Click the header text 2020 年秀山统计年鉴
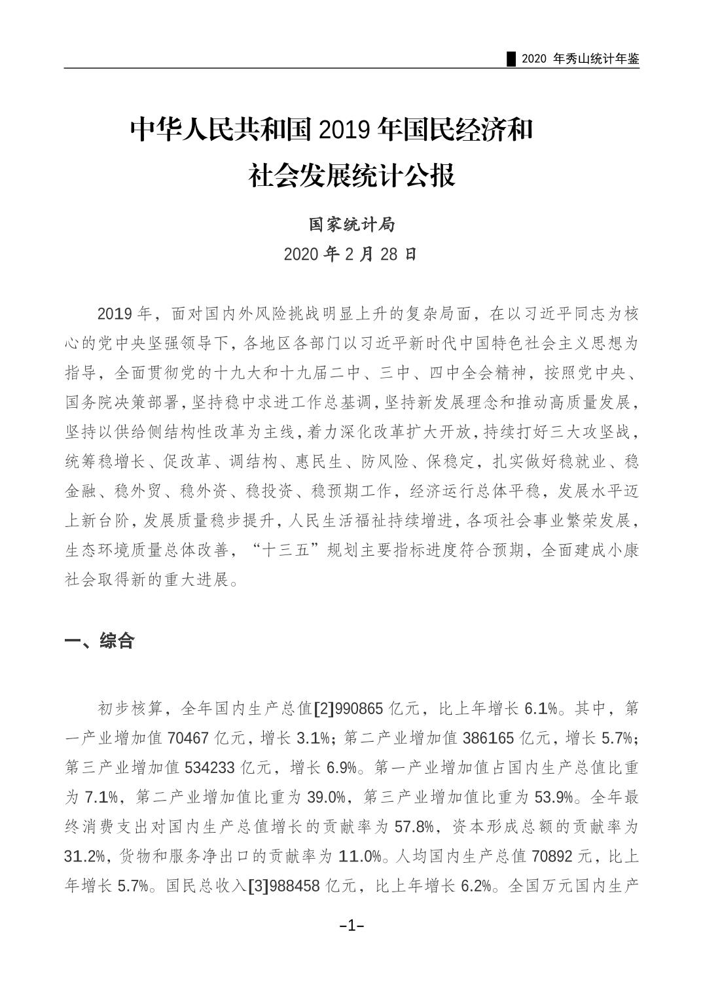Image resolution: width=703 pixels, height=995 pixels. (x=580, y=59)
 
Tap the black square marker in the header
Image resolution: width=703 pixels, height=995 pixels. (x=512, y=59)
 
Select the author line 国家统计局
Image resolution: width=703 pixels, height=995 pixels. (x=351, y=225)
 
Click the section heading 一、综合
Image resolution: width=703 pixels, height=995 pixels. (x=99, y=640)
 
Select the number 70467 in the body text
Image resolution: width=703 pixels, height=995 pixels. (x=189, y=738)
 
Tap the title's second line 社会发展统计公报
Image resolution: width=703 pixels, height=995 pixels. (x=351, y=175)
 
